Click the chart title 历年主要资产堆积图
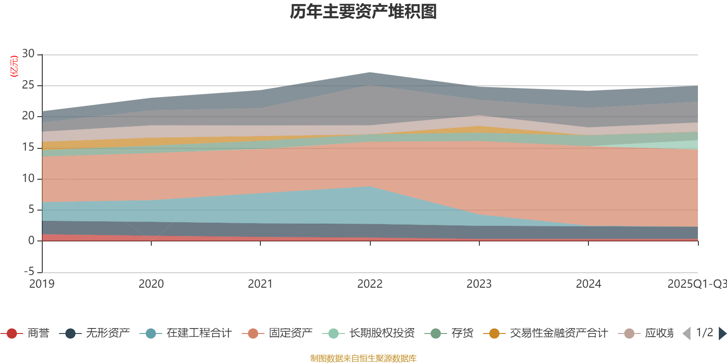(363, 12)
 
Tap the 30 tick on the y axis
(28, 54)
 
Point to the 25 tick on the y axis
(28, 85)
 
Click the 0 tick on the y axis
(31, 240)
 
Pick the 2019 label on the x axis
(42, 284)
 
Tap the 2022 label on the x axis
(370, 284)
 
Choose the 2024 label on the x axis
(588, 284)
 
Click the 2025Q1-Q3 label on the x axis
(697, 284)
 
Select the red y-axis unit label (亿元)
(14, 66)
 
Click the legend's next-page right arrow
(722, 334)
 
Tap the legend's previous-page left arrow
(687, 334)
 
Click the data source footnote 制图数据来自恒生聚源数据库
(363, 358)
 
